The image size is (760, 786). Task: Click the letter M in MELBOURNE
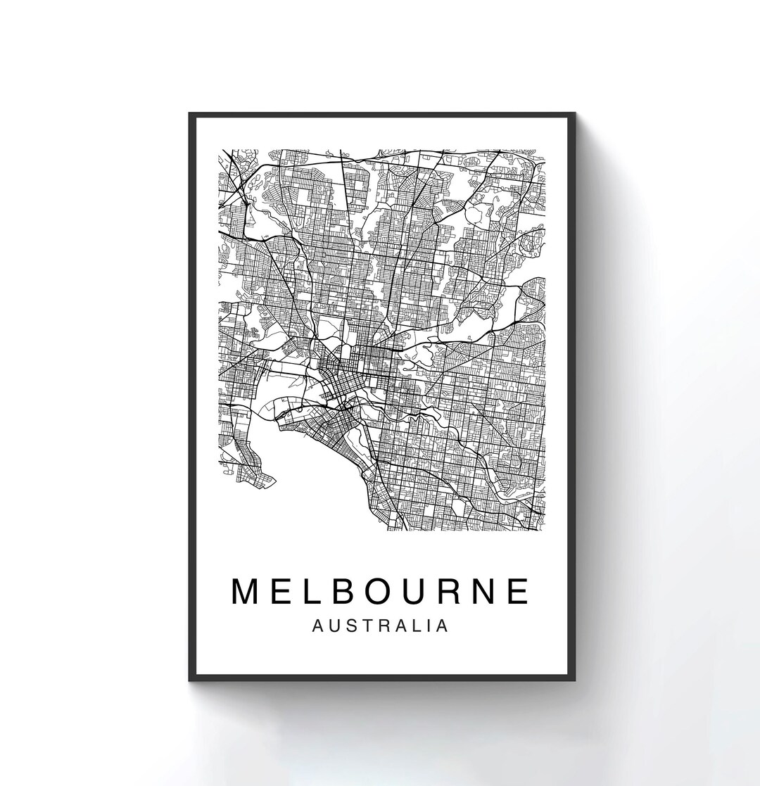pyautogui.click(x=248, y=591)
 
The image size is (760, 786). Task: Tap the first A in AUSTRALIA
pyautogui.click(x=317, y=626)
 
